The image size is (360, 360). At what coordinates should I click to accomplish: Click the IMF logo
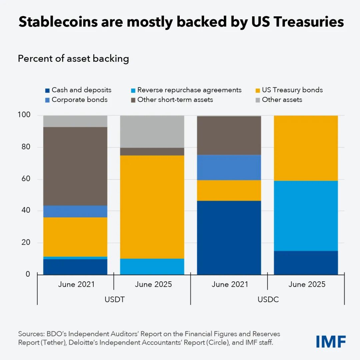tap(331, 342)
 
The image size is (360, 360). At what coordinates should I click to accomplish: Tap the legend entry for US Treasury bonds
tap(289, 90)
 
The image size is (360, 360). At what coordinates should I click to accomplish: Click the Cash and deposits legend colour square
tap(47, 90)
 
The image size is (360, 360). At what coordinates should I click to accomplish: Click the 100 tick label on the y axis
tap(24, 115)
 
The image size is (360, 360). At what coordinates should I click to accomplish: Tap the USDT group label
tap(114, 299)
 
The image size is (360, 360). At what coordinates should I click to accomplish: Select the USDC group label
tap(268, 299)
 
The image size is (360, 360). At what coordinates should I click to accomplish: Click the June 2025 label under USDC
tap(307, 284)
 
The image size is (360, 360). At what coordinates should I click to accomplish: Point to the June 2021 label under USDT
tap(76, 284)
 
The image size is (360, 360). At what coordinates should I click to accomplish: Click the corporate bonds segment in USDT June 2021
tap(75, 211)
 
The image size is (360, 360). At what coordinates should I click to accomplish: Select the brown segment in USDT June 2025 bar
tap(152, 152)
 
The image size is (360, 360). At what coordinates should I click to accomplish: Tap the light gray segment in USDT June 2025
tap(152, 132)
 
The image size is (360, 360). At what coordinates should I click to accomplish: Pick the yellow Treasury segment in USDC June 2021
tap(229, 190)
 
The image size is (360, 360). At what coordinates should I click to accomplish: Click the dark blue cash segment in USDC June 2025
tap(306, 263)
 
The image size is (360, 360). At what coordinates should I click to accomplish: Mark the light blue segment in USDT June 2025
tap(152, 266)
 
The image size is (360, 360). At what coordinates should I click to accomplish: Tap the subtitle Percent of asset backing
tap(73, 59)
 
